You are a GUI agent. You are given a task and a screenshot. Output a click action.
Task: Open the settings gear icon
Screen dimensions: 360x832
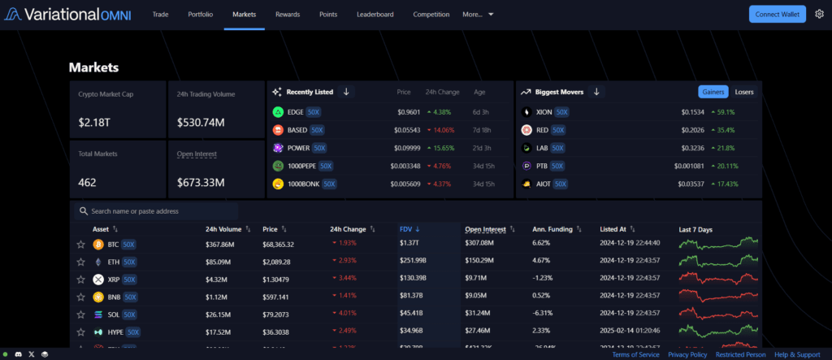819,14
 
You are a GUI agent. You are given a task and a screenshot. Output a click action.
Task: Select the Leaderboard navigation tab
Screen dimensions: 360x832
375,15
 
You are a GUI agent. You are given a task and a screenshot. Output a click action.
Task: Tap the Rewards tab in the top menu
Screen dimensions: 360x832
288,15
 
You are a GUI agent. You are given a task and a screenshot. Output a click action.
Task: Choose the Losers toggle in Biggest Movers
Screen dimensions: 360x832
743,92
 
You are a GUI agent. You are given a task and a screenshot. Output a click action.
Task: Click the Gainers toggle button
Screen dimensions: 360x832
713,92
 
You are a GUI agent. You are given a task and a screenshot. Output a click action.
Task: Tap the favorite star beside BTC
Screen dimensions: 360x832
80,244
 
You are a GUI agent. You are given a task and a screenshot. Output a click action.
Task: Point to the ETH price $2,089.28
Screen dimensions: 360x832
278,262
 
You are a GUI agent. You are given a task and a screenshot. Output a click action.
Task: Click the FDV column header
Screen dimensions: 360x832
406,229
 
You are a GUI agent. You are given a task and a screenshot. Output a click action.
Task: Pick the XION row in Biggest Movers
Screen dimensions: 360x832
544,112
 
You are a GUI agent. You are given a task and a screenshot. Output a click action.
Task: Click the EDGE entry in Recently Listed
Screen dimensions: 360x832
295,112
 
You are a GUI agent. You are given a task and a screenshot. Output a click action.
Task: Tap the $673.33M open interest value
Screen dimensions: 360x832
201,182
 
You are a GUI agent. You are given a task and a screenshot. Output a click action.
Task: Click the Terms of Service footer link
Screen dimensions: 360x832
635,354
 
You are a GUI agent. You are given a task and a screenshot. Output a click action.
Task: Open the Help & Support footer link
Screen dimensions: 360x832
797,354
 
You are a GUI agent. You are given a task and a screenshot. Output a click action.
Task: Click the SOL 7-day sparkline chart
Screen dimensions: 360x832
717,314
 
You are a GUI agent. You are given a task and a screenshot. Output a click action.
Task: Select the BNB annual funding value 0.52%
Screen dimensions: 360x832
541,297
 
